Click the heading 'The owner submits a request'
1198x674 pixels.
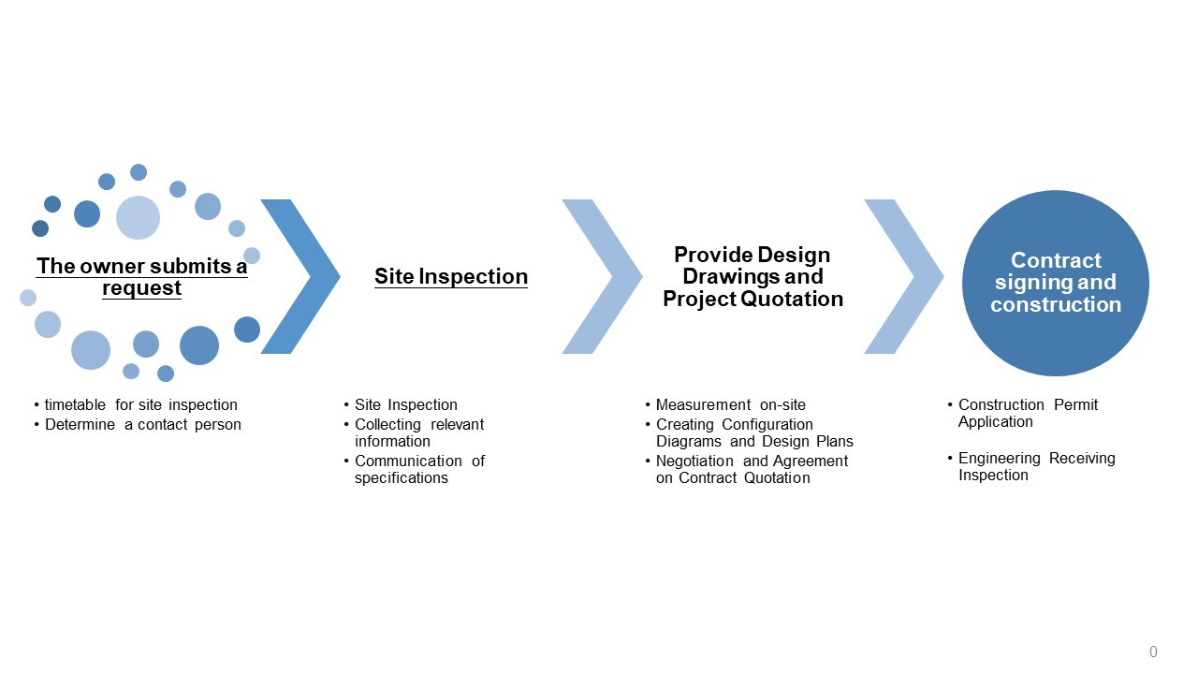click(x=141, y=277)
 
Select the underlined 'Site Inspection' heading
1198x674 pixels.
click(x=451, y=276)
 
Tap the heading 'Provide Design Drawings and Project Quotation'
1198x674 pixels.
click(x=753, y=276)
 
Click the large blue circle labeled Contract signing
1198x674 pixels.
click(x=1055, y=283)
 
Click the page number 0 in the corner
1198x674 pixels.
click(x=1153, y=652)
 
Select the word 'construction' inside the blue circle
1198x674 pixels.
click(x=1056, y=304)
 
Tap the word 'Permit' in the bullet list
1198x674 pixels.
click(x=1075, y=405)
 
